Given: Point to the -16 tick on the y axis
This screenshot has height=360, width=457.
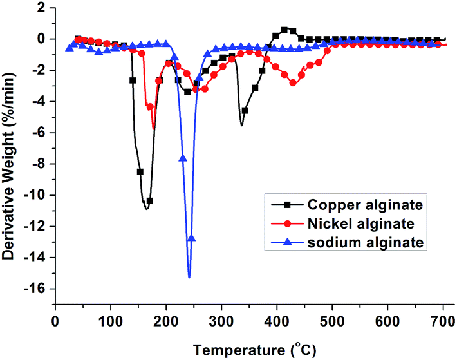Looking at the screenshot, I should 37,289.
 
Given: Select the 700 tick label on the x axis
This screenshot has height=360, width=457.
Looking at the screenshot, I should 443,320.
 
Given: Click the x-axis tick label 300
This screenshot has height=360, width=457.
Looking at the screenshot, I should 221,320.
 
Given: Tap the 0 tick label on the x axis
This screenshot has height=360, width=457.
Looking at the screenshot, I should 55,320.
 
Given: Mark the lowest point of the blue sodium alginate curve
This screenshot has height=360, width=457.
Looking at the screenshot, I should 189,277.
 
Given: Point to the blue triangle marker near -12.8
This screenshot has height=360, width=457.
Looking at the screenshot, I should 191,238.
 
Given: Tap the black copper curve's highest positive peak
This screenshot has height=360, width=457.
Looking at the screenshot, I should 284,29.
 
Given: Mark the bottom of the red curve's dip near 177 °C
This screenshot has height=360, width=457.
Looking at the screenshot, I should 154,128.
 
